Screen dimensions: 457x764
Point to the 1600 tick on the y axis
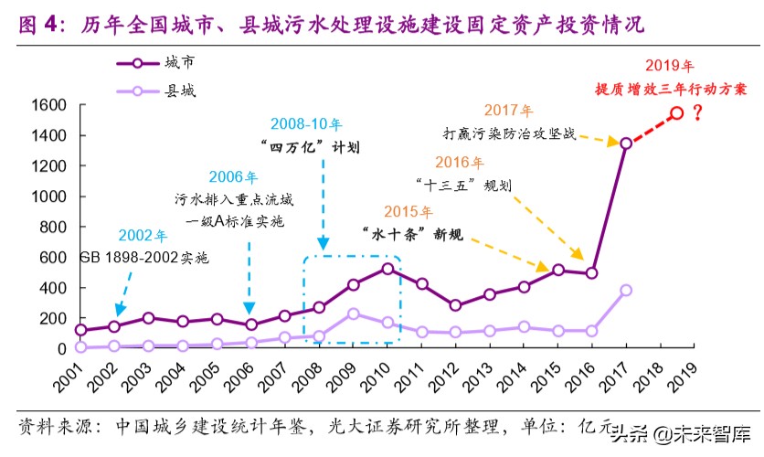(x=48, y=105)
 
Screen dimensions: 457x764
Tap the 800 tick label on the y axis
(x=51, y=227)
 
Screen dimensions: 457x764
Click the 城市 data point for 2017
(x=626, y=143)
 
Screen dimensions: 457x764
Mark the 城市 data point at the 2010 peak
(x=387, y=269)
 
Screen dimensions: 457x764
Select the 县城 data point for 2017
(x=626, y=290)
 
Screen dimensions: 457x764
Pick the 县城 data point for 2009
(x=353, y=314)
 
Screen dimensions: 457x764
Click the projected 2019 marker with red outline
(x=677, y=113)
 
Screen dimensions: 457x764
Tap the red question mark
(x=697, y=113)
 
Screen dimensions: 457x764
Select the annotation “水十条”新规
(x=412, y=234)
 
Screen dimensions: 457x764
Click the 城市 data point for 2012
(x=456, y=305)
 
